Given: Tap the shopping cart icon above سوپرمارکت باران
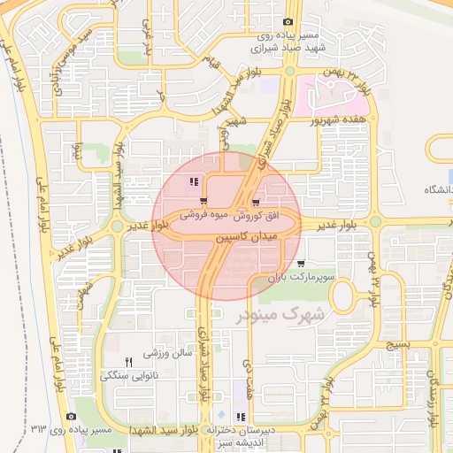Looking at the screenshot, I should tap(301, 263).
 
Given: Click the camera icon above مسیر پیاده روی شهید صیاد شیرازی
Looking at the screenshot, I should tap(288, 22).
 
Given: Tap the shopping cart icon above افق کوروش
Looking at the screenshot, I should tap(256, 202).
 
